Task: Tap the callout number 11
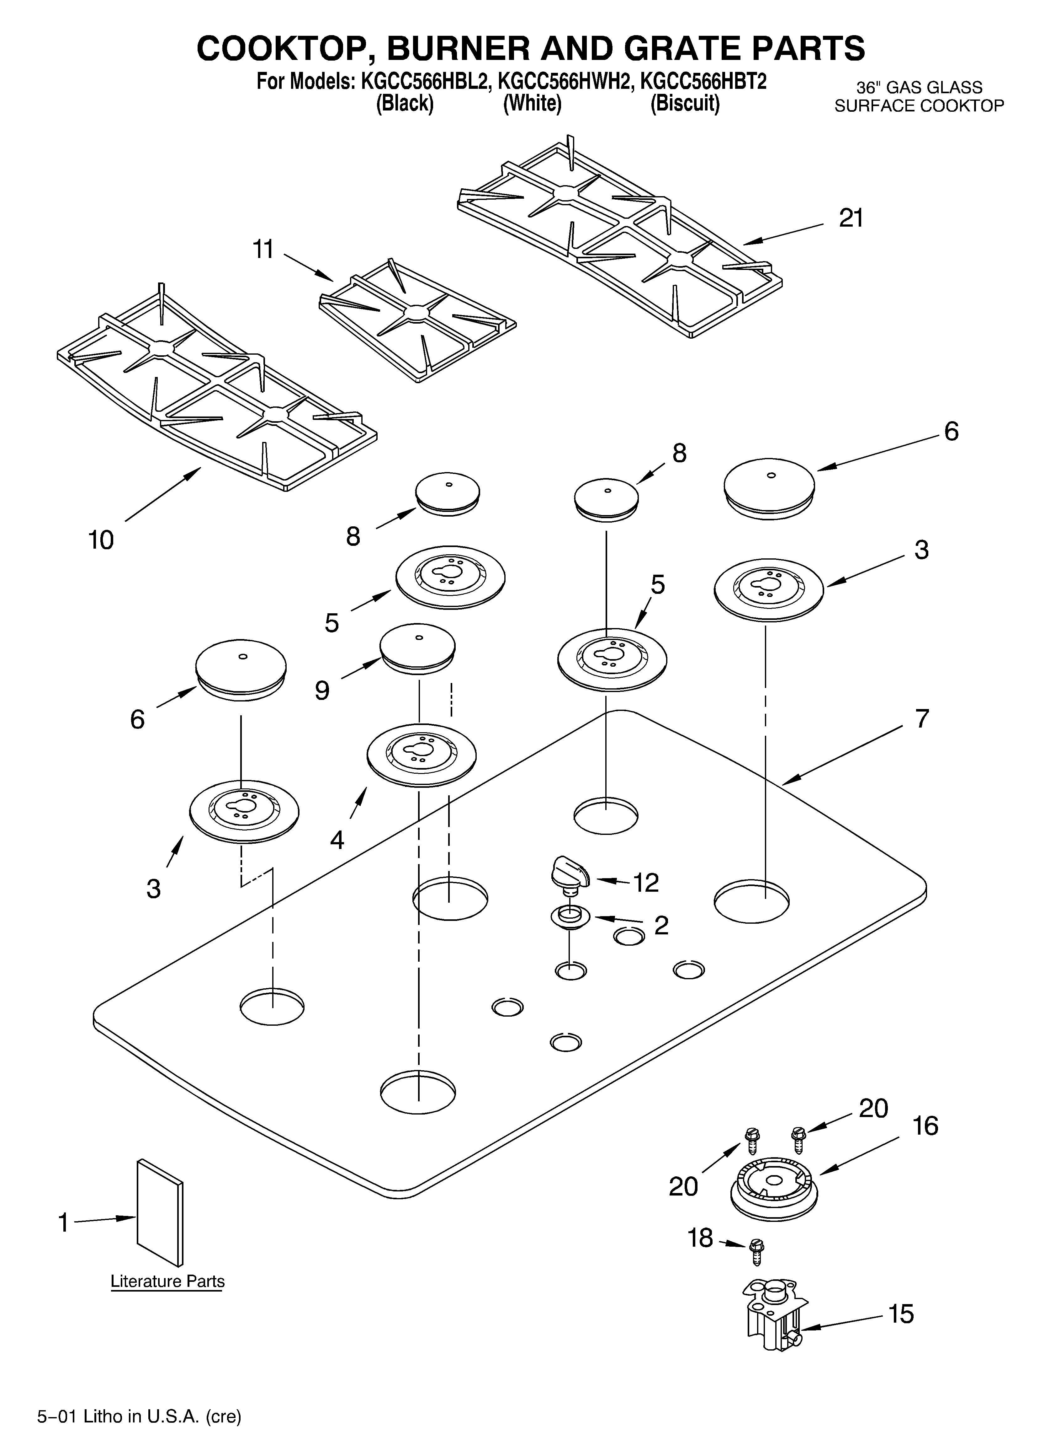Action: tap(263, 250)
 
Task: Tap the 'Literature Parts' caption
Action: tap(167, 1282)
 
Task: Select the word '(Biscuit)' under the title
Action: tap(685, 104)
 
